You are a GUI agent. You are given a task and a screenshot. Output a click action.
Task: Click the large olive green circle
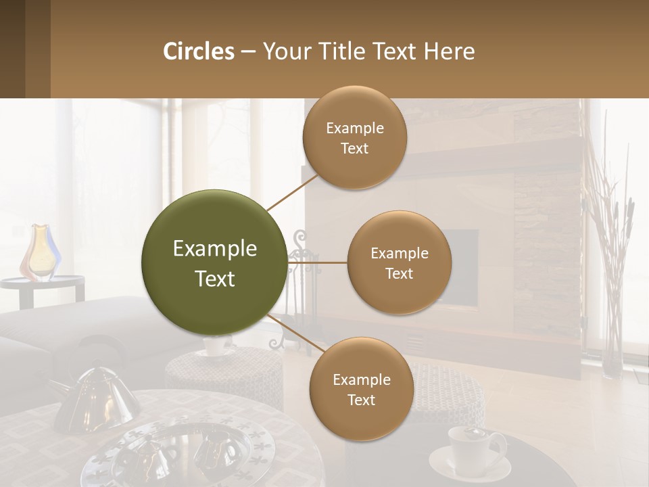(x=214, y=263)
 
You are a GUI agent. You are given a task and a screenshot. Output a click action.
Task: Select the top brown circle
(x=355, y=137)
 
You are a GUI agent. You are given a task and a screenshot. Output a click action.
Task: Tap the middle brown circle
(x=399, y=262)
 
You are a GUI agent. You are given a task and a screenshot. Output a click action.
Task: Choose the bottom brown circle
(x=361, y=389)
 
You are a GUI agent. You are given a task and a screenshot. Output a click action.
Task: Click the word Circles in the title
(x=199, y=51)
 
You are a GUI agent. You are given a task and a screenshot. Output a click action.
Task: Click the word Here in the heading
(x=449, y=51)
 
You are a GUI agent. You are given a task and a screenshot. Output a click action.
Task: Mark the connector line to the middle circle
(x=317, y=262)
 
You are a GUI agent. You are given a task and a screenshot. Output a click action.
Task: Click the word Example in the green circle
(x=214, y=249)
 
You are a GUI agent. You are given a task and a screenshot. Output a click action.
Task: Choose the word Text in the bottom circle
(x=361, y=400)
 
